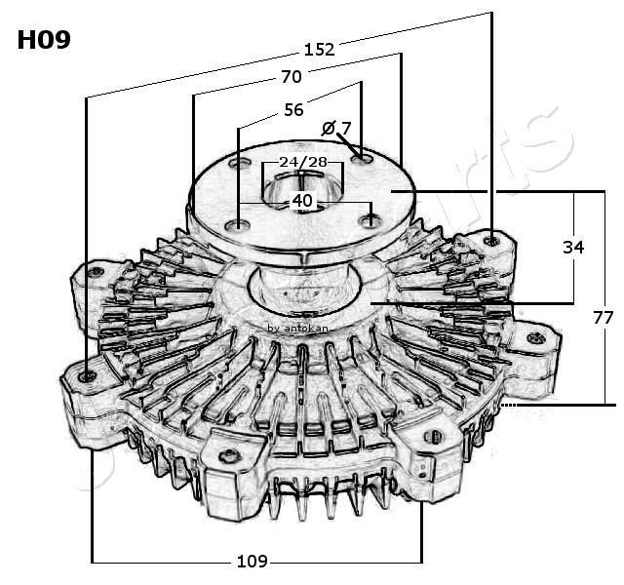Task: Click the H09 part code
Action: (x=44, y=40)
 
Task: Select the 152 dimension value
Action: (x=319, y=49)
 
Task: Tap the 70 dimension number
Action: (x=291, y=76)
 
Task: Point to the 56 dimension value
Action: (x=293, y=110)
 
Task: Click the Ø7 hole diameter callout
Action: (x=336, y=128)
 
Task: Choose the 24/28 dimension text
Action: (x=302, y=161)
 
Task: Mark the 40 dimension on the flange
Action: (x=302, y=201)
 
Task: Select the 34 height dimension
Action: (x=573, y=248)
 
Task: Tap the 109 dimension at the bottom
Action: (x=252, y=561)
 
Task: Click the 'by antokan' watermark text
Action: (x=297, y=329)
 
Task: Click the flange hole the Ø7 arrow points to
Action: (x=363, y=157)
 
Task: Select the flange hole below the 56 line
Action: (x=238, y=226)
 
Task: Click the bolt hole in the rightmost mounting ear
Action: (x=534, y=338)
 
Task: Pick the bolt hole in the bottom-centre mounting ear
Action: (x=228, y=454)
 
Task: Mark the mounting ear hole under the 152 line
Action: (x=493, y=239)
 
